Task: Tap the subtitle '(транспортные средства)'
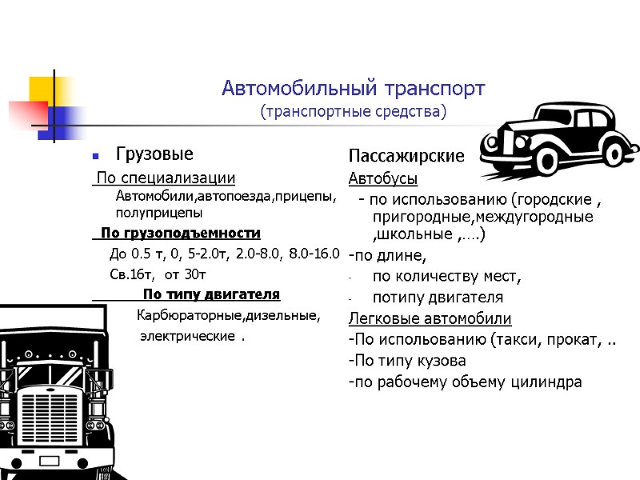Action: (353, 111)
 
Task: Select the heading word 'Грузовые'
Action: (154, 153)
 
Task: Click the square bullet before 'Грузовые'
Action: (95, 154)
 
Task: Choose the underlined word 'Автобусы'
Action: (382, 177)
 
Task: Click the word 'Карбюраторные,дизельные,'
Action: (229, 315)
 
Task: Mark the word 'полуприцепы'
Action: (158, 213)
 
